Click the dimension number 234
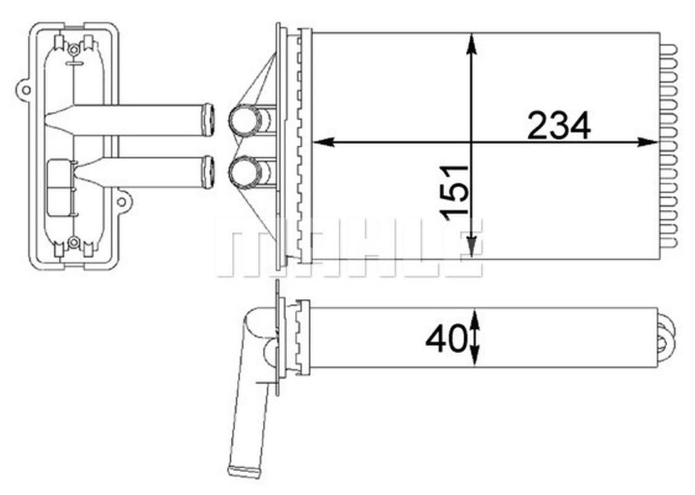(x=559, y=126)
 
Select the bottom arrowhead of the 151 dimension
(x=472, y=247)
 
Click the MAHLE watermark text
(x=347, y=247)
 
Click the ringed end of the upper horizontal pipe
(x=207, y=120)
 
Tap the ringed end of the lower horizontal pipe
(x=207, y=172)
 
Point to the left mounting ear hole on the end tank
(x=23, y=89)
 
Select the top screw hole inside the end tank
(x=74, y=49)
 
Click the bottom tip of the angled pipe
(x=244, y=471)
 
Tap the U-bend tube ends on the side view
(x=666, y=336)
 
